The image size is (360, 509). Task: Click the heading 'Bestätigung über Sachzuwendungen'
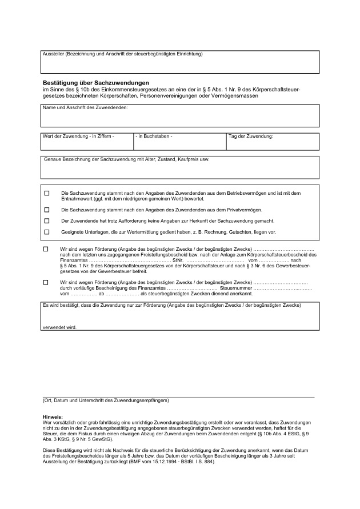click(x=95, y=82)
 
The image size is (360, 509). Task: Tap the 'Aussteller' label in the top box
click(x=122, y=54)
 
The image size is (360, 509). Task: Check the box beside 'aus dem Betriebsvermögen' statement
click(x=47, y=194)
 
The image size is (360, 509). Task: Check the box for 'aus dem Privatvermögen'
click(x=47, y=210)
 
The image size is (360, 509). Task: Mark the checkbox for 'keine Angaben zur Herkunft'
click(x=47, y=221)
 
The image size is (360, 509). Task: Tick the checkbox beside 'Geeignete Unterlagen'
click(x=47, y=231)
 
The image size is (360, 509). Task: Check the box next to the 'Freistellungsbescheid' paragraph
click(x=46, y=250)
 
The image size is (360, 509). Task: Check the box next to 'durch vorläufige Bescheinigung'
click(x=46, y=282)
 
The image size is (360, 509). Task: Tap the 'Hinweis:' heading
click(x=53, y=418)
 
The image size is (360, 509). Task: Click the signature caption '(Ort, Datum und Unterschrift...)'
click(x=106, y=400)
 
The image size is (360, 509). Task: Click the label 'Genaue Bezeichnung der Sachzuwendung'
click(x=126, y=159)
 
